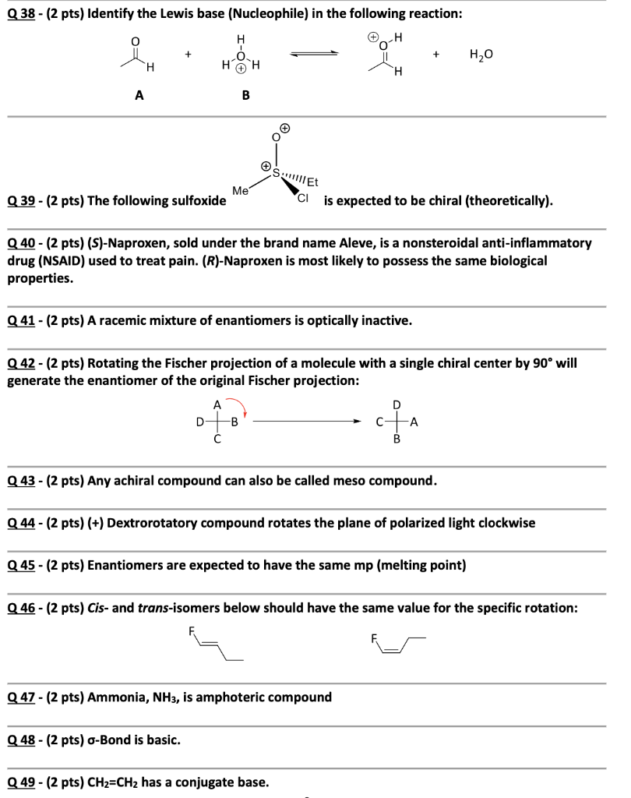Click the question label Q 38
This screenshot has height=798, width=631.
(22, 12)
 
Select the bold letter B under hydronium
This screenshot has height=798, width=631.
(246, 96)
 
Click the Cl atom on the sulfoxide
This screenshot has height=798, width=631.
(303, 199)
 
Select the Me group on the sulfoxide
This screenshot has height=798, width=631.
(241, 189)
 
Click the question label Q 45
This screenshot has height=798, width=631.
(22, 565)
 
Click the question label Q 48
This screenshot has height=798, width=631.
(22, 739)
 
